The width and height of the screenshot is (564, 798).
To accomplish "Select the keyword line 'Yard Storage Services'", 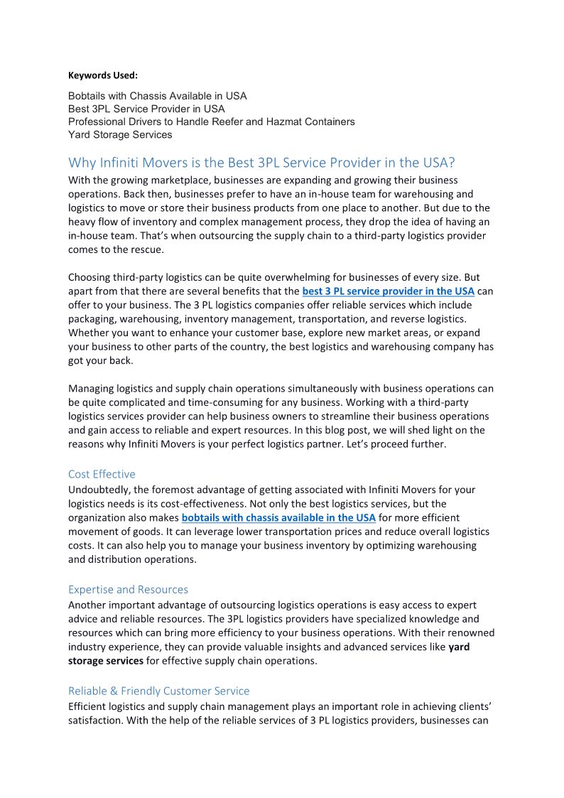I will pyautogui.click(x=120, y=134).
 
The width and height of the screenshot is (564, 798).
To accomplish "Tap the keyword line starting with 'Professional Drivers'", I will pyautogui.click(x=211, y=122).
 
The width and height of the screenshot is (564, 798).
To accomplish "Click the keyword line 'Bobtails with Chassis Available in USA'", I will pyautogui.click(x=158, y=95).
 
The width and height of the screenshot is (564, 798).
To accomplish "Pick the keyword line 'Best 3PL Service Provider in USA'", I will pyautogui.click(x=146, y=109).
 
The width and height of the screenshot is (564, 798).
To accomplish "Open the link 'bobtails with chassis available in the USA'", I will pyautogui.click(x=278, y=517).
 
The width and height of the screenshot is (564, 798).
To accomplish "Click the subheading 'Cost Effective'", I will pyautogui.click(x=102, y=474).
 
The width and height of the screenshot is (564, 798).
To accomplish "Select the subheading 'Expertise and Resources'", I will pyautogui.click(x=128, y=589).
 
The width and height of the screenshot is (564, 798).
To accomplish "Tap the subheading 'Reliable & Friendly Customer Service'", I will pyautogui.click(x=158, y=691).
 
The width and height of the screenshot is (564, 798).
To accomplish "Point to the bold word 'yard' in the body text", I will pyautogui.click(x=459, y=647).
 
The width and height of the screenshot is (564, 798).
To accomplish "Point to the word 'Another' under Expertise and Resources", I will pyautogui.click(x=87, y=605).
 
